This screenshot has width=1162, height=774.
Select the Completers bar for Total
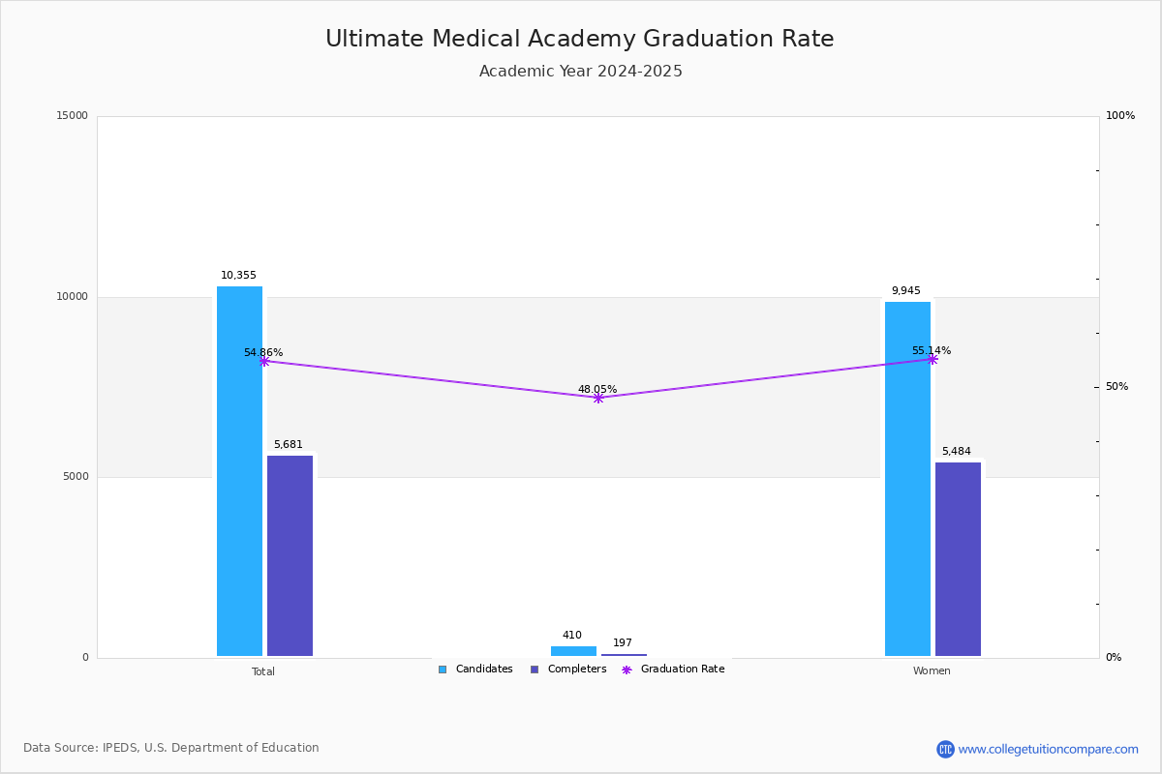click(x=290, y=555)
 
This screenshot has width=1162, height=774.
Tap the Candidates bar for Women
click(x=907, y=479)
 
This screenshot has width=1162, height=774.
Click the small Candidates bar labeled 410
click(x=573, y=651)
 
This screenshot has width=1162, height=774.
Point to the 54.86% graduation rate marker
click(x=263, y=361)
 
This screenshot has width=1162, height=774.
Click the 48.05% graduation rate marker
click(x=597, y=398)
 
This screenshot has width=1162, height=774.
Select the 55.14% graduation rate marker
click(x=933, y=359)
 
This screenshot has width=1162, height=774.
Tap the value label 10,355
click(x=238, y=276)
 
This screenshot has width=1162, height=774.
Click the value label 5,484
click(x=956, y=452)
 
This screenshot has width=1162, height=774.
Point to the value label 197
click(x=622, y=643)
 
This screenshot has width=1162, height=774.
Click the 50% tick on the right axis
click(x=1116, y=387)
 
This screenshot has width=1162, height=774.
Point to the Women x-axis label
click(x=932, y=671)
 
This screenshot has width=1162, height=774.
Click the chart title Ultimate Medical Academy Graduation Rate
click(x=579, y=39)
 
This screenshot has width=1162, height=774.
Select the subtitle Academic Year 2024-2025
click(x=580, y=72)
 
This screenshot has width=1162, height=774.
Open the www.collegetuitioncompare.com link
click(x=1047, y=749)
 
